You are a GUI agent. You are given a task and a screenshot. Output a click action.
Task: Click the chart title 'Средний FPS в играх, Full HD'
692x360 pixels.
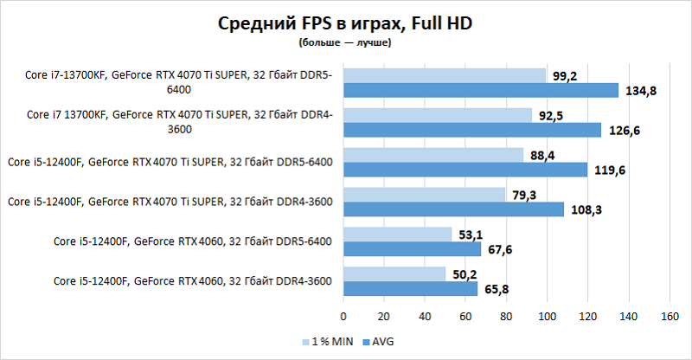click(346, 23)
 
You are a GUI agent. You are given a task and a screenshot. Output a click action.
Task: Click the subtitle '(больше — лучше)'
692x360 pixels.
click(346, 42)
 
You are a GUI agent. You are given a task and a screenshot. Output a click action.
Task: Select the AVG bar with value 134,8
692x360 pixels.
click(481, 91)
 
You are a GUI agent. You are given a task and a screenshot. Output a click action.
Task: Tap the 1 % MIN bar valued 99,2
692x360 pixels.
click(445, 76)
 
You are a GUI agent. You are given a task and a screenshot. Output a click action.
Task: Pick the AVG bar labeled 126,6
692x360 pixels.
click(472, 130)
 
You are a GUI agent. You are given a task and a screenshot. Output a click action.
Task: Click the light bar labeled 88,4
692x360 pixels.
click(433, 155)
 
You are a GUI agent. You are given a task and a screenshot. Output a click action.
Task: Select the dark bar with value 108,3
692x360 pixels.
click(453, 209)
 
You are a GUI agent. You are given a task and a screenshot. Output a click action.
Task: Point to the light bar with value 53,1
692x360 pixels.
click(398, 234)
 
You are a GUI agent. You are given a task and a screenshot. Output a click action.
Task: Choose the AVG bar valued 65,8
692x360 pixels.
click(410, 289)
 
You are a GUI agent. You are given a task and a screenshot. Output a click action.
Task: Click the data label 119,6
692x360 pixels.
click(609, 170)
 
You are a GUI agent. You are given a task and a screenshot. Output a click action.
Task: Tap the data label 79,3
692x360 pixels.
click(523, 195)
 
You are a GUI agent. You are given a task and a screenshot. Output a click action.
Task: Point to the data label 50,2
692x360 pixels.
click(464, 274)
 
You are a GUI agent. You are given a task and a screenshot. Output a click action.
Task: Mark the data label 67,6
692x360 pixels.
click(499, 250)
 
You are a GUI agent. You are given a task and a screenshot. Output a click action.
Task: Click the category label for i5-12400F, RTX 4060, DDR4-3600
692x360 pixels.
click(192, 281)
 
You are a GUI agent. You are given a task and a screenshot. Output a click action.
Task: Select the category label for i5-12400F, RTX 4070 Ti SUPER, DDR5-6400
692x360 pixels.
click(170, 162)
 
